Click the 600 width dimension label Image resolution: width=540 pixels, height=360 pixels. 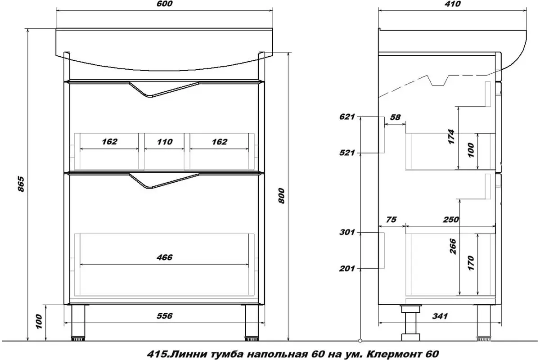(165, 4)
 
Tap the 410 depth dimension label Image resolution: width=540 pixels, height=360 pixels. (453, 4)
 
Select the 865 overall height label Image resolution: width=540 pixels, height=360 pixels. (21, 184)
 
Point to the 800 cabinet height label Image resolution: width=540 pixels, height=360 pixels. (281, 196)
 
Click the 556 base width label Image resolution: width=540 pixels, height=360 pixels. (165, 316)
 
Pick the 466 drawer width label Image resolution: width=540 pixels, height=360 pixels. (165, 257)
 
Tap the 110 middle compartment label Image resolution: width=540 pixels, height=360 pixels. (165, 142)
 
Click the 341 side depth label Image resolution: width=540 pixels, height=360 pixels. (440, 316)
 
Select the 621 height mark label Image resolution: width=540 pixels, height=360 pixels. (347, 117)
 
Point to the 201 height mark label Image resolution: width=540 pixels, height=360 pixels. (347, 269)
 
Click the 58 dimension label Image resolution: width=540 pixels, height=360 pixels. (396, 117)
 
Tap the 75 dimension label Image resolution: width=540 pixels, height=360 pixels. (391, 220)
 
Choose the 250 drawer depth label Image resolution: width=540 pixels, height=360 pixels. (451, 220)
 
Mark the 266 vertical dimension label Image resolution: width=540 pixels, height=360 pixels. (453, 247)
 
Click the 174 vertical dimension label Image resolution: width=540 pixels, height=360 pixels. (451, 137)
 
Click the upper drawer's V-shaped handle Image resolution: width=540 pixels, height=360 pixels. (164, 89)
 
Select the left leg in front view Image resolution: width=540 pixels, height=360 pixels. (78, 323)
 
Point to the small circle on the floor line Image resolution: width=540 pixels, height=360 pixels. (360, 341)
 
